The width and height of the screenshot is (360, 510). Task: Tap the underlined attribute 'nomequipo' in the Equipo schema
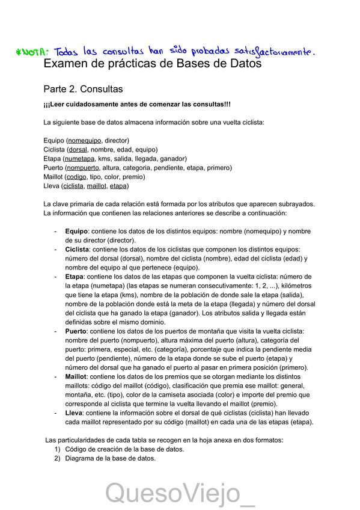point(85,140)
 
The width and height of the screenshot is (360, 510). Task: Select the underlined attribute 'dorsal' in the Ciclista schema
point(78,149)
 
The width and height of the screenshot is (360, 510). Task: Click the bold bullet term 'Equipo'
point(76,231)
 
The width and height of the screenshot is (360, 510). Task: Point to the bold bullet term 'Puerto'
point(76,331)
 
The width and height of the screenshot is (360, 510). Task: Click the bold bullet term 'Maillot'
point(76,376)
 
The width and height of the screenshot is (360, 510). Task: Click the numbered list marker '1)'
point(58,449)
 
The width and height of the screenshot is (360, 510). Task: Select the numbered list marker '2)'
point(58,458)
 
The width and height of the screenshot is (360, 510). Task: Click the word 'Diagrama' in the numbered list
point(81,458)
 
